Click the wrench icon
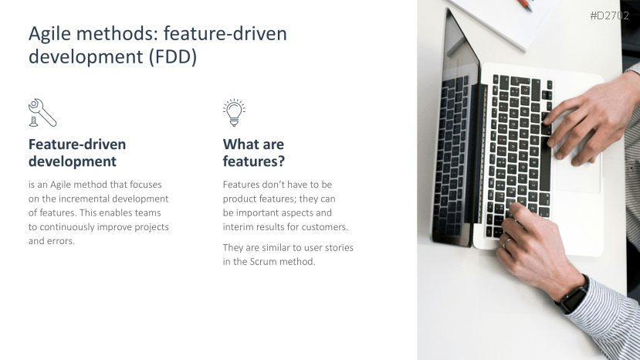tap(42, 112)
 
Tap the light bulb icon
tap(234, 112)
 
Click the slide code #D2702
tap(609, 15)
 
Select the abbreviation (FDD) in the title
tap(173, 56)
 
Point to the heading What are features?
tap(253, 152)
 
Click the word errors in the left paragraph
tap(63, 241)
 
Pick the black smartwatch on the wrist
tap(574, 295)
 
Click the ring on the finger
tap(506, 243)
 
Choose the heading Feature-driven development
tap(77, 152)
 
